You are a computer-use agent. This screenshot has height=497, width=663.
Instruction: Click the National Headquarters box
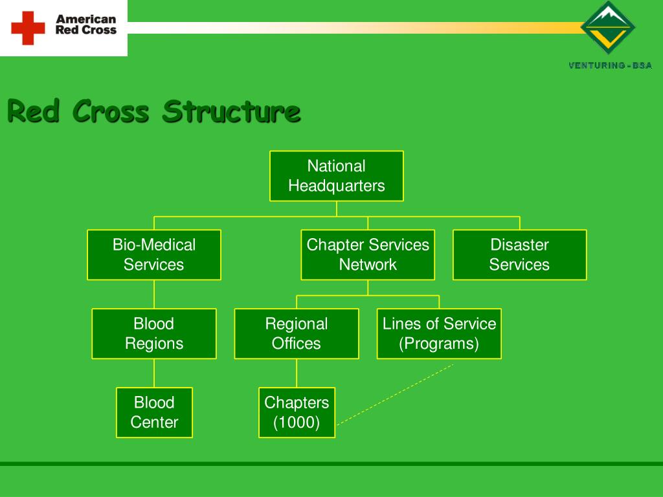(336, 176)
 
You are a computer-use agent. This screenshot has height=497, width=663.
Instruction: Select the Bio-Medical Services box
(154, 255)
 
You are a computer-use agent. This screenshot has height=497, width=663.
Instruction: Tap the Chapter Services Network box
(368, 255)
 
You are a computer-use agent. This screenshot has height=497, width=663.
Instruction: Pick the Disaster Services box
(519, 255)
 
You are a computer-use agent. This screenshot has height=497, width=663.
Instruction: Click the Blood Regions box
(154, 334)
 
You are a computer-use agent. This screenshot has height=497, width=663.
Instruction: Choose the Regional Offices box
(297, 334)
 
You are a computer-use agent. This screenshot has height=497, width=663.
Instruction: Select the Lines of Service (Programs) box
(439, 334)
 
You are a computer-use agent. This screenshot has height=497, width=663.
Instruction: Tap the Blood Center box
(154, 413)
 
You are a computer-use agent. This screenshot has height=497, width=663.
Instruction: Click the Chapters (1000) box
(297, 413)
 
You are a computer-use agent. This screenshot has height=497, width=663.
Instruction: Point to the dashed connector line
(395, 394)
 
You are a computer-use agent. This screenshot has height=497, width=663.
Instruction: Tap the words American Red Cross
(85, 25)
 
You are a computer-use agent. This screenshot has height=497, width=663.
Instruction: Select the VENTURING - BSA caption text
(610, 65)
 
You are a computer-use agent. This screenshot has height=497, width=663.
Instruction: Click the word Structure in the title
(231, 111)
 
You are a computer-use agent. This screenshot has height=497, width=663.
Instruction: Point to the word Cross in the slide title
(111, 111)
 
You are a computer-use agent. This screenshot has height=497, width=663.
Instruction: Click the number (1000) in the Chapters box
(297, 423)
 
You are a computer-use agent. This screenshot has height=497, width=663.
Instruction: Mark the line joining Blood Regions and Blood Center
(154, 373)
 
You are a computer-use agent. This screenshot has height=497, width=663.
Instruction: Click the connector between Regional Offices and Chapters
(297, 373)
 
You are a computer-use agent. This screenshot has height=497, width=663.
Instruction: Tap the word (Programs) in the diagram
(439, 344)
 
